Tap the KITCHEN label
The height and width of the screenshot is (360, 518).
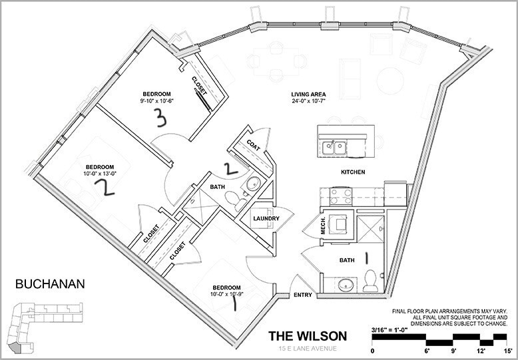(353, 172)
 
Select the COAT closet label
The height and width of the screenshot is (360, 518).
(253, 142)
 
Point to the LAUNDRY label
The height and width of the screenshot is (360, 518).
(264, 219)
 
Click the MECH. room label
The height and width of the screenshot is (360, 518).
(324, 226)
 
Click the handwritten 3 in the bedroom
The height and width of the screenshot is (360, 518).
(159, 118)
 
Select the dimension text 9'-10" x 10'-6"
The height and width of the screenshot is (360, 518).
(156, 100)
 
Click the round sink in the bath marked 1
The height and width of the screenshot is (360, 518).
(344, 285)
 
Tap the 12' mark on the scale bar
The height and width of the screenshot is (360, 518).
(481, 350)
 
